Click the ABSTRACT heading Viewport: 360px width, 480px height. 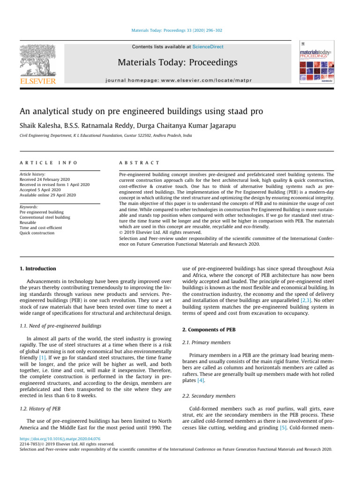click(x=139, y=163)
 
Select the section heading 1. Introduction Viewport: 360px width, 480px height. click(x=37, y=269)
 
